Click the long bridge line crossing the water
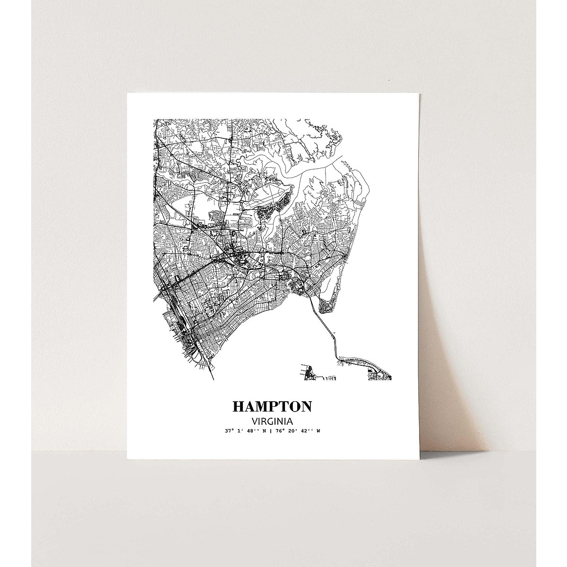tap(326, 326)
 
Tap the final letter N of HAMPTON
tap(306, 407)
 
